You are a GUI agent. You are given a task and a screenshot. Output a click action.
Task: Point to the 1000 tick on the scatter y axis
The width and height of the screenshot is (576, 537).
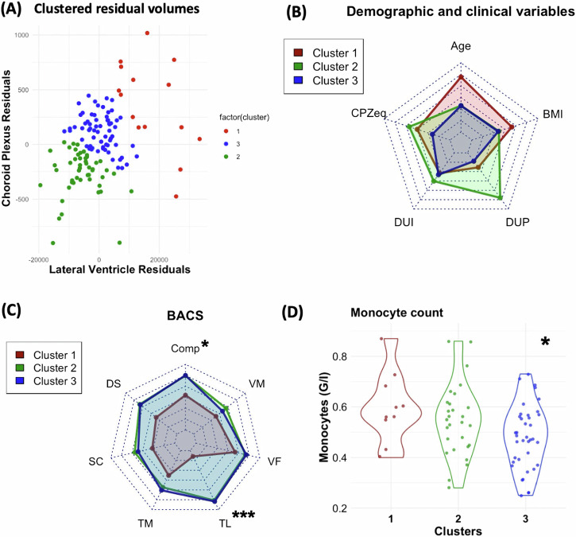[21, 36]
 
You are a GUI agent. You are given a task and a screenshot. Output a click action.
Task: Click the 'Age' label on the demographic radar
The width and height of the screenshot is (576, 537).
[461, 46]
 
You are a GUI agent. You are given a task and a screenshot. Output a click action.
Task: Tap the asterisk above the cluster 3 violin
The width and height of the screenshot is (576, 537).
[545, 343]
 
